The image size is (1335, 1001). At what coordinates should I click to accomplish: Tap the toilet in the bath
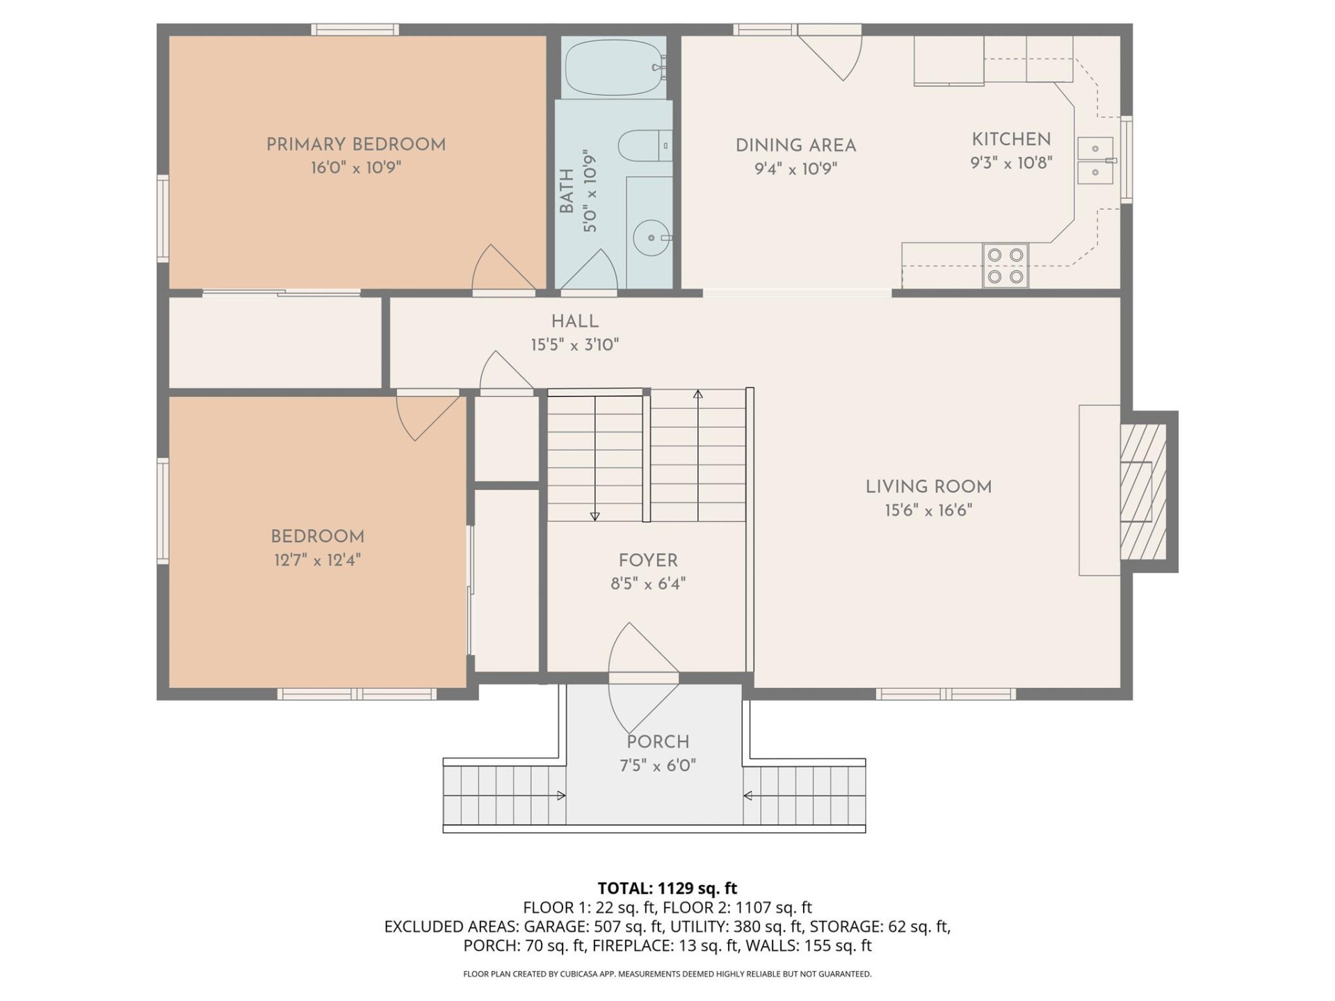coord(644,145)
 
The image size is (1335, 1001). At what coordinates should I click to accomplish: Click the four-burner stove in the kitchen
coord(1005,265)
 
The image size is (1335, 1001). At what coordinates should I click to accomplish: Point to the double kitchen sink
coord(1095,161)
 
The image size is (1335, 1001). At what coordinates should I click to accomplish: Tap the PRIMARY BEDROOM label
coord(356,145)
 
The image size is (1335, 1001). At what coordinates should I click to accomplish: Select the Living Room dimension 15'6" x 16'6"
coord(928,511)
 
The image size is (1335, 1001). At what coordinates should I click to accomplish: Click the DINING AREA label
coord(795,146)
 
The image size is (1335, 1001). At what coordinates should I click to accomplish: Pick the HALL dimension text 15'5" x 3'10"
coord(574,345)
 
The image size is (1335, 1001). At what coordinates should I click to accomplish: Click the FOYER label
coord(648,560)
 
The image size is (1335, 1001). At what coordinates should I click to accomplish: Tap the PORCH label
coord(658,742)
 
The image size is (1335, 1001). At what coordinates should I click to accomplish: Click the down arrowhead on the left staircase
coord(594,516)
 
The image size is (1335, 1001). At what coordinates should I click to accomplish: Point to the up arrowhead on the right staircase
coord(697,394)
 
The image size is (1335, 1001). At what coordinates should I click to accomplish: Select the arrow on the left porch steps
coord(560,796)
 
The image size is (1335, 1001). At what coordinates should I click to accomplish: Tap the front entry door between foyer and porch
coord(643,677)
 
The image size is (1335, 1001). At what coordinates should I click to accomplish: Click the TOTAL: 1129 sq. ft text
coord(667,888)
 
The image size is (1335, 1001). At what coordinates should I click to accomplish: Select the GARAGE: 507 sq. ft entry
coord(593,927)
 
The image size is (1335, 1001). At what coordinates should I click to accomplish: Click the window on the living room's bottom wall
coord(945,694)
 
